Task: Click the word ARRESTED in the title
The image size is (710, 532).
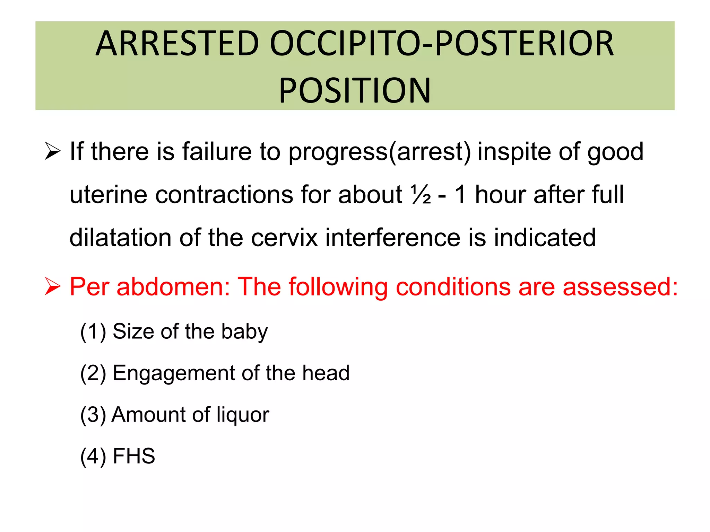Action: (x=177, y=44)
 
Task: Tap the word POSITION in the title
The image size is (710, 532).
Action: (x=355, y=91)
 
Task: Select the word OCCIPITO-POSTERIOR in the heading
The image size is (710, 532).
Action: (x=442, y=44)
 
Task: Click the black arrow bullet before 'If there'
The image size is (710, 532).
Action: (x=52, y=152)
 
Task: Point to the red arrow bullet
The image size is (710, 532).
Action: (x=52, y=287)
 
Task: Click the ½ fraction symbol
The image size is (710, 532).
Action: (x=421, y=195)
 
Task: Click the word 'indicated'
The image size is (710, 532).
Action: (x=545, y=238)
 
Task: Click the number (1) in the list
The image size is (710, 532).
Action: (x=93, y=332)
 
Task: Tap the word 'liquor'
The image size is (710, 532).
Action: (x=243, y=415)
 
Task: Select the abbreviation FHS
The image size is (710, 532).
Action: (x=134, y=456)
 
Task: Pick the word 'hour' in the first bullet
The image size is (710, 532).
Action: (x=500, y=195)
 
